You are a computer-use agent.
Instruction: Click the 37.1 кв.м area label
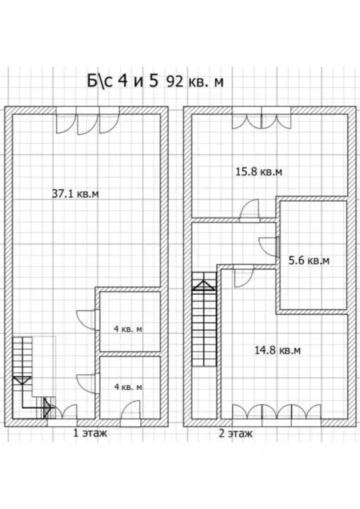point(75,194)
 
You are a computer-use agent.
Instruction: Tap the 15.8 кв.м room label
point(258,171)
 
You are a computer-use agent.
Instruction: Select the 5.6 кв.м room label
point(309,260)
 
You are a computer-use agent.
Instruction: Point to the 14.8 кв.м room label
point(277,350)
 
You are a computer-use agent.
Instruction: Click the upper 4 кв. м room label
point(128,329)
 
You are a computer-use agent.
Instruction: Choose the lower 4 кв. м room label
point(128,387)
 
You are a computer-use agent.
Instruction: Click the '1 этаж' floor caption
point(90,433)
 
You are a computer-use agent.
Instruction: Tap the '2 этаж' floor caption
point(235,433)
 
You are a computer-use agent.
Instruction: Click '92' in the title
point(175,82)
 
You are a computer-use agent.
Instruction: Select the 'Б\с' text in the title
point(100,80)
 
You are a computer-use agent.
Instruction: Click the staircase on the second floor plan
point(204,319)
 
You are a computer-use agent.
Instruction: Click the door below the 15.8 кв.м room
point(250,210)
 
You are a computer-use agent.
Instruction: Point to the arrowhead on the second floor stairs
point(203,285)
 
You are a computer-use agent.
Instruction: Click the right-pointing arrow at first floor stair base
point(48,406)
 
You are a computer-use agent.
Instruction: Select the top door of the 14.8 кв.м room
point(243,276)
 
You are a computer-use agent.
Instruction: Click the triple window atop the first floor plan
point(88,120)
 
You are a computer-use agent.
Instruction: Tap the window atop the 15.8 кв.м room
point(262,118)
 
